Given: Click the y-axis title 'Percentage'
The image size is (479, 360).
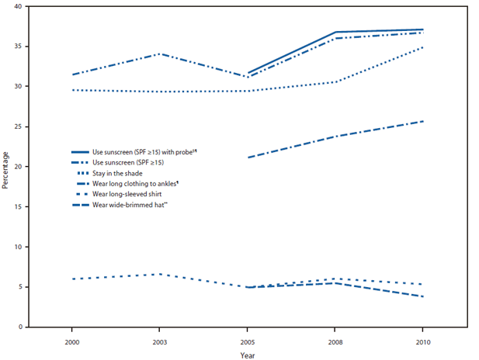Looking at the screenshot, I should point(6,165).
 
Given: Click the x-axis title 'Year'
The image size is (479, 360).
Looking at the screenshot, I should point(248,355).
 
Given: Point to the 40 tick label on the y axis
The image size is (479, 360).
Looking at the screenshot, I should point(18,6).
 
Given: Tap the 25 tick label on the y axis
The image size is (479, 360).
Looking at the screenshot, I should point(18,126).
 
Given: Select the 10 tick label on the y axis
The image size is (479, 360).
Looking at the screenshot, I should point(18,247).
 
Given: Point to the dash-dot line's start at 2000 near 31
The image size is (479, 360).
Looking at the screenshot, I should point(72,74).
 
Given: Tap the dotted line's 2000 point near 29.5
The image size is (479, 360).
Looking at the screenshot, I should point(72,90).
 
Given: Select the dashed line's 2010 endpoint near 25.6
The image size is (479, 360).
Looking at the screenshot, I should point(422,121).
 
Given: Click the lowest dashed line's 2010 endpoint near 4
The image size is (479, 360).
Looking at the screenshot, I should point(422,296).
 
